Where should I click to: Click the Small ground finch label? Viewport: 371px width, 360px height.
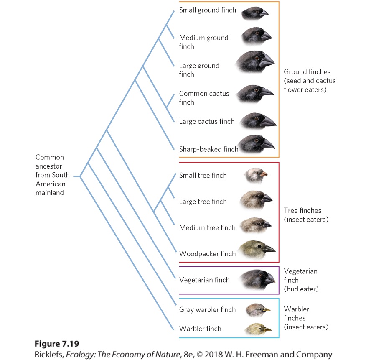pos(208,10)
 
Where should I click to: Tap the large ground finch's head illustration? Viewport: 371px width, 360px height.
pos(255,61)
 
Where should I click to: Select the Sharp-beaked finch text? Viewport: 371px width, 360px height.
pos(209,149)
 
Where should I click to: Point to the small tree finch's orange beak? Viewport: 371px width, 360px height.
pos(264,174)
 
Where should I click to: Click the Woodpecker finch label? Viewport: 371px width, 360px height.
pos(208,254)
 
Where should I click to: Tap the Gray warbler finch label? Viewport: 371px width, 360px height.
pos(208,309)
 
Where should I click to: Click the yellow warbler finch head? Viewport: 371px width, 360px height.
pos(258,329)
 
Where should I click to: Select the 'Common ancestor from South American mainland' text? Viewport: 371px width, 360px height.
pos(53,175)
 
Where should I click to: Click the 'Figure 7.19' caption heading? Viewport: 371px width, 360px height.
pos(57,344)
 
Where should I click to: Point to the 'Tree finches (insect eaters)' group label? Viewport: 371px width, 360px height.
pos(306,215)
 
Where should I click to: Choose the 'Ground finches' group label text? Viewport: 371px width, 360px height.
pos(307,72)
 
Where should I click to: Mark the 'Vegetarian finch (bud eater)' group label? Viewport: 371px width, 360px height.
pos(301,280)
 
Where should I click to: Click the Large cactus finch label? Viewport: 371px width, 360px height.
pos(207,122)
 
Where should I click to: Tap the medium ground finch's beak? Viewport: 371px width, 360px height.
pos(266,36)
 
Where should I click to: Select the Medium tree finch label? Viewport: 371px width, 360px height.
pos(208,227)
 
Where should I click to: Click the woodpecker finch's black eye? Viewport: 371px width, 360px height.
pos(259,246)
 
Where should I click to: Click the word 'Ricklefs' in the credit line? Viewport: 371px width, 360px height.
pos(49,355)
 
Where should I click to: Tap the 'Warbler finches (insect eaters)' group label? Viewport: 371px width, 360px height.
pos(306,318)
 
